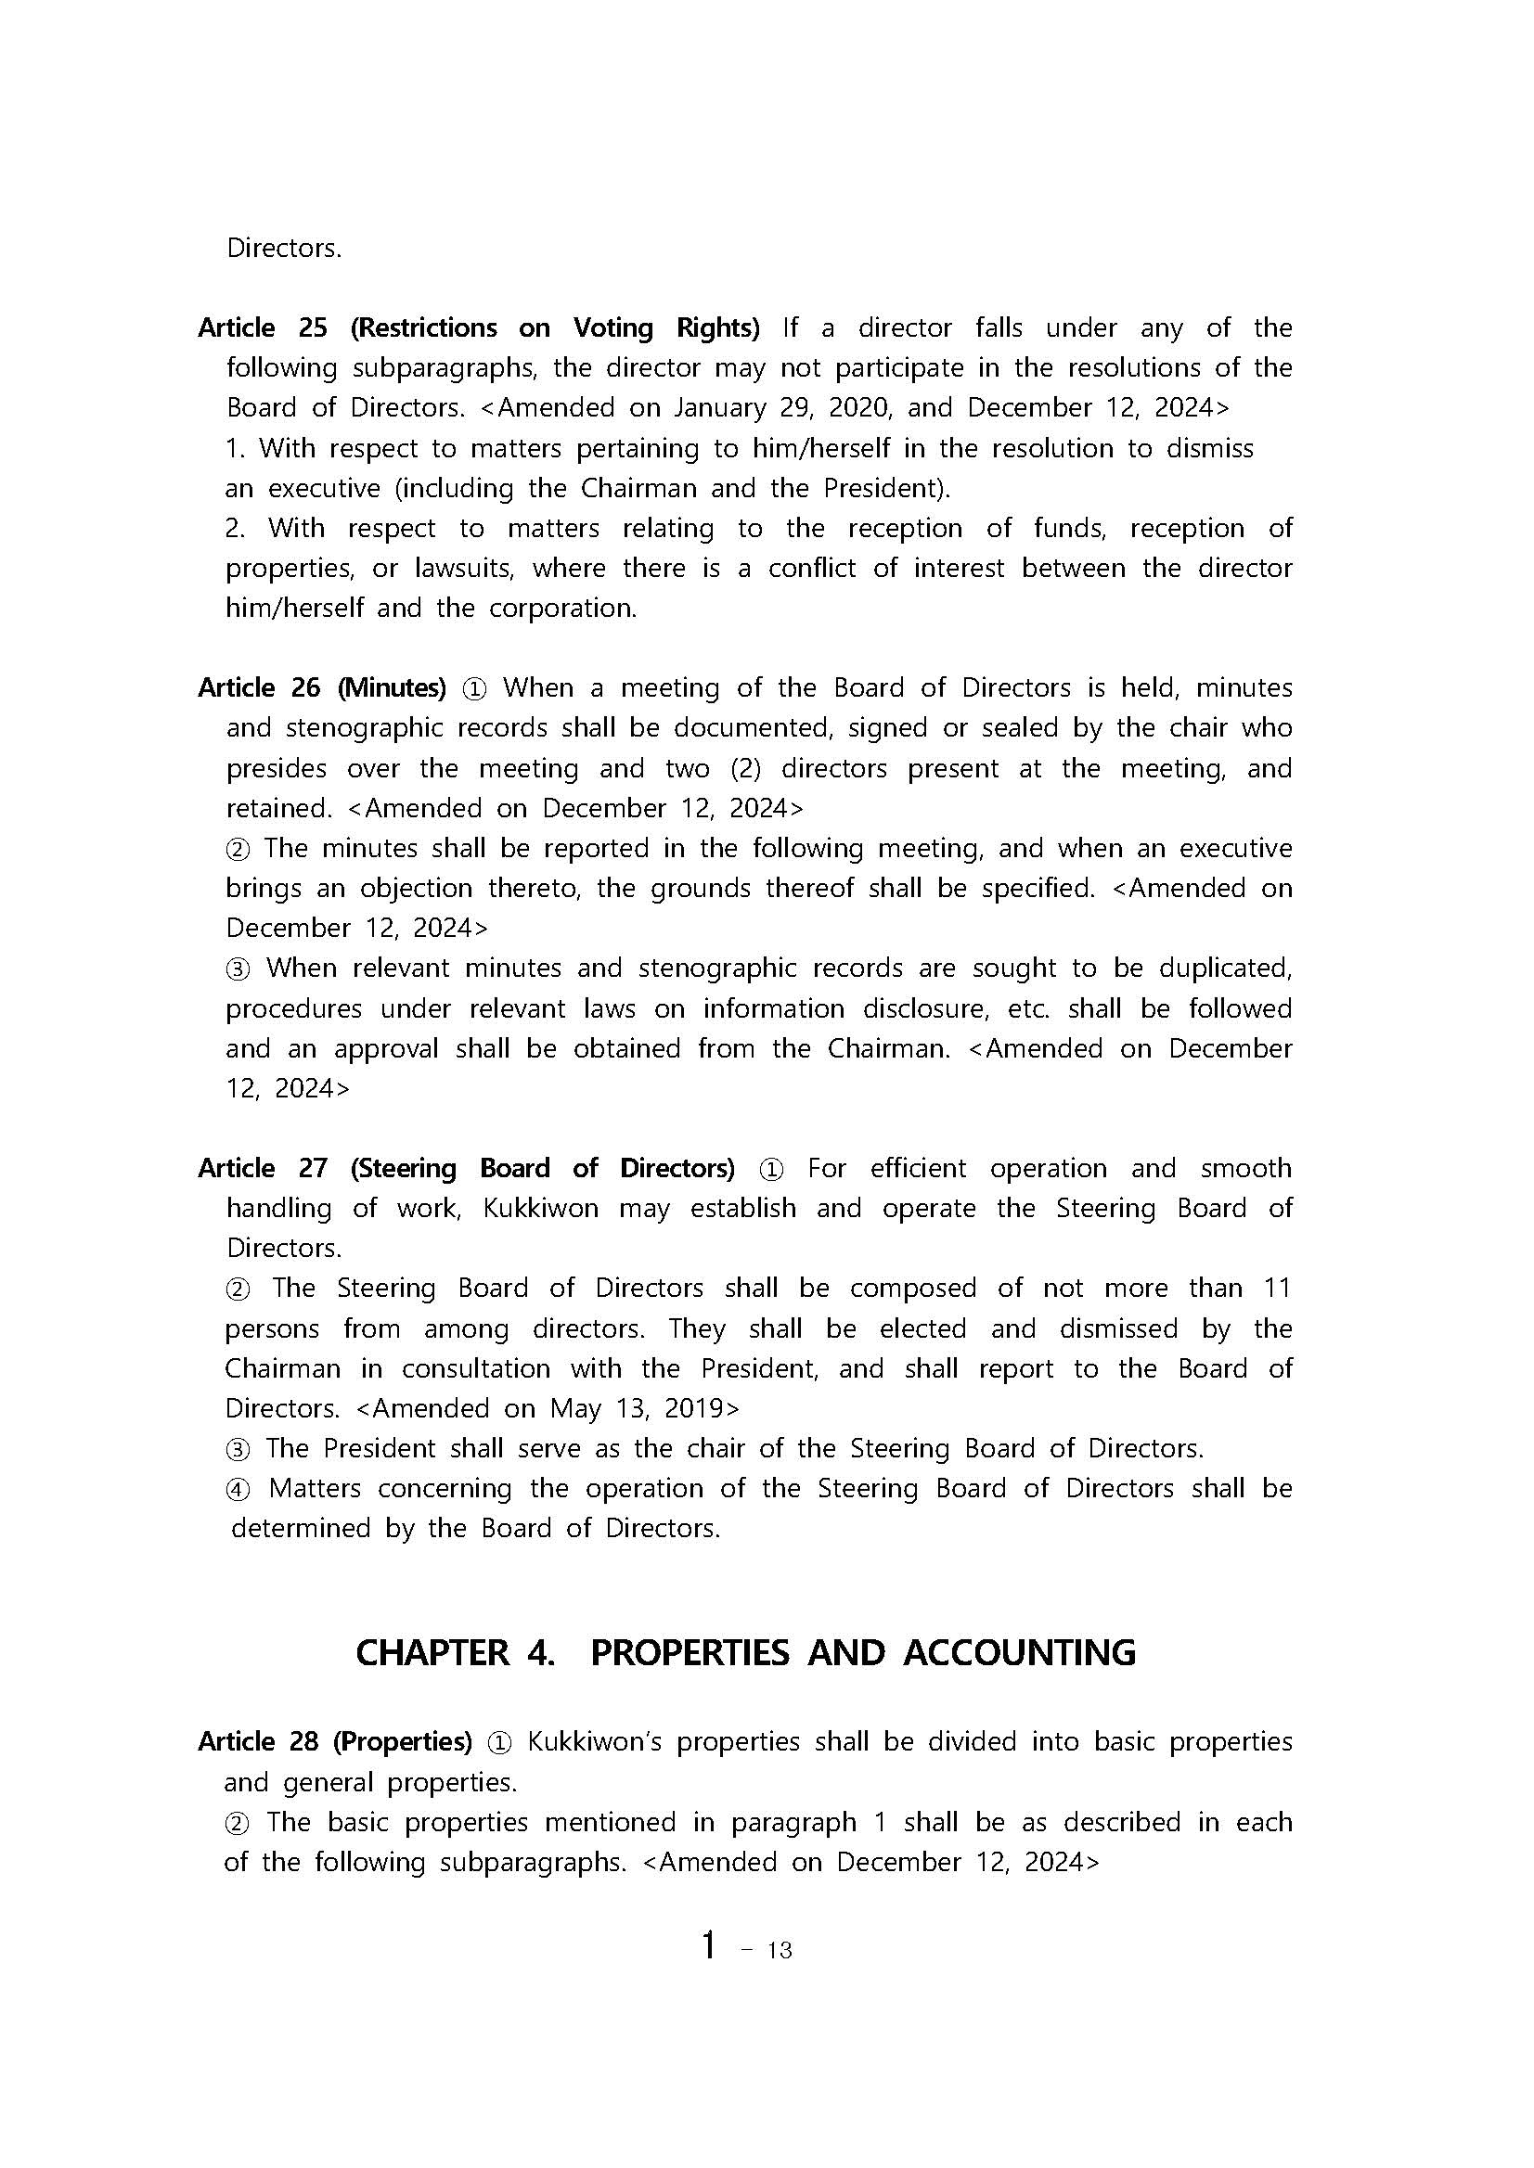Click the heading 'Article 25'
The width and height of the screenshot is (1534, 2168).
pos(262,327)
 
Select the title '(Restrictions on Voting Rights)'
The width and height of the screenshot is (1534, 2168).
pos(554,327)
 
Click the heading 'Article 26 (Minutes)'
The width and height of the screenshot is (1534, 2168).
pos(321,687)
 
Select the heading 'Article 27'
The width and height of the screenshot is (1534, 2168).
pos(262,1168)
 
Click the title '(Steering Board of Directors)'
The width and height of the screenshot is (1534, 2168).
pos(542,1168)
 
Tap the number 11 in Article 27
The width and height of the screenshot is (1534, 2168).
pos(1276,1288)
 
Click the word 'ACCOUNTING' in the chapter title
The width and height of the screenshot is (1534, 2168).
pos(1019,1652)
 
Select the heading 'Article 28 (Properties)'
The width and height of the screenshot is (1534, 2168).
pos(334,1741)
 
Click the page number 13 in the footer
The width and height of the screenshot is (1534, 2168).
pos(780,1951)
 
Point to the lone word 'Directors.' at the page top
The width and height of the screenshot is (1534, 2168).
pos(283,249)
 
